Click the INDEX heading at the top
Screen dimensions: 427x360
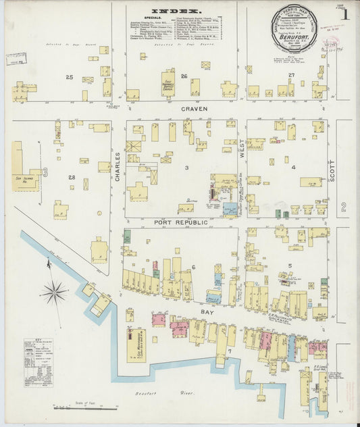click(176, 11)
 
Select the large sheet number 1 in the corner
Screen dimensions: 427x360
click(344, 14)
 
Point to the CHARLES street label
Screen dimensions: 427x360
click(117, 166)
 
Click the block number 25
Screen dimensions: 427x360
click(69, 77)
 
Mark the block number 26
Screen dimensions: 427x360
click(183, 76)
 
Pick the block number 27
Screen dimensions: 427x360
click(291, 74)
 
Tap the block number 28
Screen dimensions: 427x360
click(72, 177)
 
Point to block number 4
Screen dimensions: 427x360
click(293, 167)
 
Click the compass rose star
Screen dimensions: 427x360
click(53, 293)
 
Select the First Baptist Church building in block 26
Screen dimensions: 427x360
click(168, 83)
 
